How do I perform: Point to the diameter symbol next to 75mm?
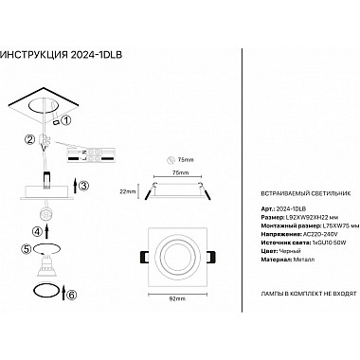(170, 160)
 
